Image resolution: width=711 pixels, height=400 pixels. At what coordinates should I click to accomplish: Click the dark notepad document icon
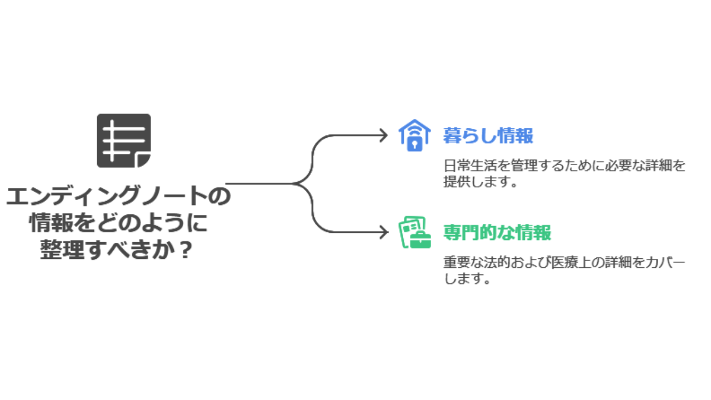[x=124, y=141]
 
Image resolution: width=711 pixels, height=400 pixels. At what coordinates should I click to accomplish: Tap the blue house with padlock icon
[x=414, y=135]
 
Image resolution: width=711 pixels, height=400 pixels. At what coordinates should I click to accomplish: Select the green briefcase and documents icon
[x=414, y=232]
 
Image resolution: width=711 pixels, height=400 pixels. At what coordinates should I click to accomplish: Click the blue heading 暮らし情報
[x=488, y=136]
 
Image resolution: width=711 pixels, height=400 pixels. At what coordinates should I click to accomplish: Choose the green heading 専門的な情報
[x=497, y=233]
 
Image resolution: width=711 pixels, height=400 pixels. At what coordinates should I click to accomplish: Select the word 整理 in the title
[x=62, y=250]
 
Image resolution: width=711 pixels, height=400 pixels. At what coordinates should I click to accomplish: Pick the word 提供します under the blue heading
[x=480, y=182]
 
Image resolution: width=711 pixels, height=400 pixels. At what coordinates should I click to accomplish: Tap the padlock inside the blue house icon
[x=414, y=144]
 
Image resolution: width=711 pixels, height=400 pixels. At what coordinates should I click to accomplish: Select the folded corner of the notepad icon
[x=143, y=161]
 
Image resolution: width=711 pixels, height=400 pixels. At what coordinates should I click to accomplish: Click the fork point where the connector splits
[x=294, y=183]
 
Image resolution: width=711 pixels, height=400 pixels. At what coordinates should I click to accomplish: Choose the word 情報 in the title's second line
[x=52, y=223]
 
